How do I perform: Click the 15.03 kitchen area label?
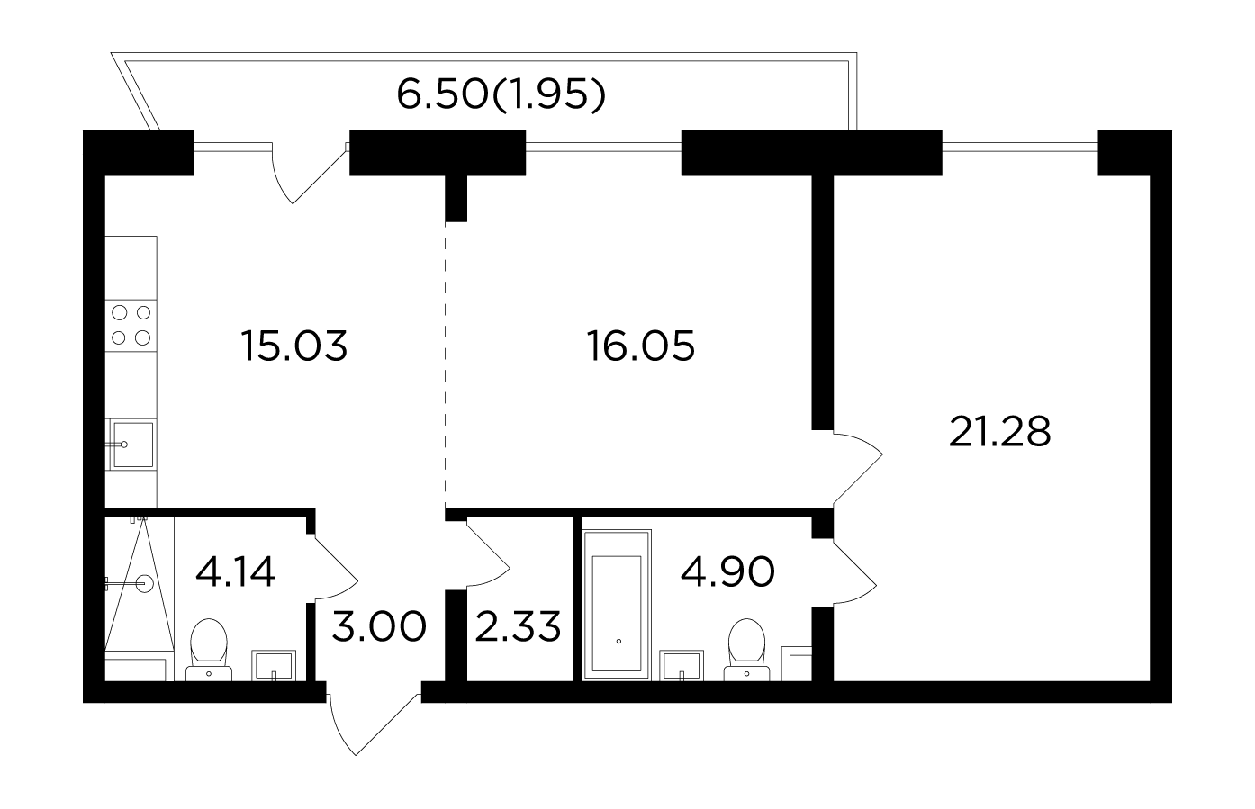(x=294, y=346)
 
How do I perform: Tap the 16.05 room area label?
(x=641, y=346)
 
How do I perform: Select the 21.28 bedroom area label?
(x=999, y=432)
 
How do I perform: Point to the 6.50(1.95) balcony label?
(x=501, y=94)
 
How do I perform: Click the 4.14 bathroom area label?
(x=235, y=571)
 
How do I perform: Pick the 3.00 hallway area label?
(x=379, y=626)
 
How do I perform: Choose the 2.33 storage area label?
(x=518, y=626)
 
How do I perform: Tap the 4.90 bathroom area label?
(x=727, y=571)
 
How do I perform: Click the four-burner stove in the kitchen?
(x=131, y=325)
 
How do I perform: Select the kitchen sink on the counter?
(x=131, y=445)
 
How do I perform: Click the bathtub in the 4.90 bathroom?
(x=617, y=605)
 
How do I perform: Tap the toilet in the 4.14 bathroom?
(x=209, y=650)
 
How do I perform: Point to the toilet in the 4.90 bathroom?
(x=747, y=650)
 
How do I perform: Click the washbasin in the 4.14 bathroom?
(x=274, y=666)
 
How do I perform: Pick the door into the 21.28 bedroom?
(x=858, y=468)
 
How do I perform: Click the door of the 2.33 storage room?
(x=488, y=553)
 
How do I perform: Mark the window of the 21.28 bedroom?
(x=1020, y=148)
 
